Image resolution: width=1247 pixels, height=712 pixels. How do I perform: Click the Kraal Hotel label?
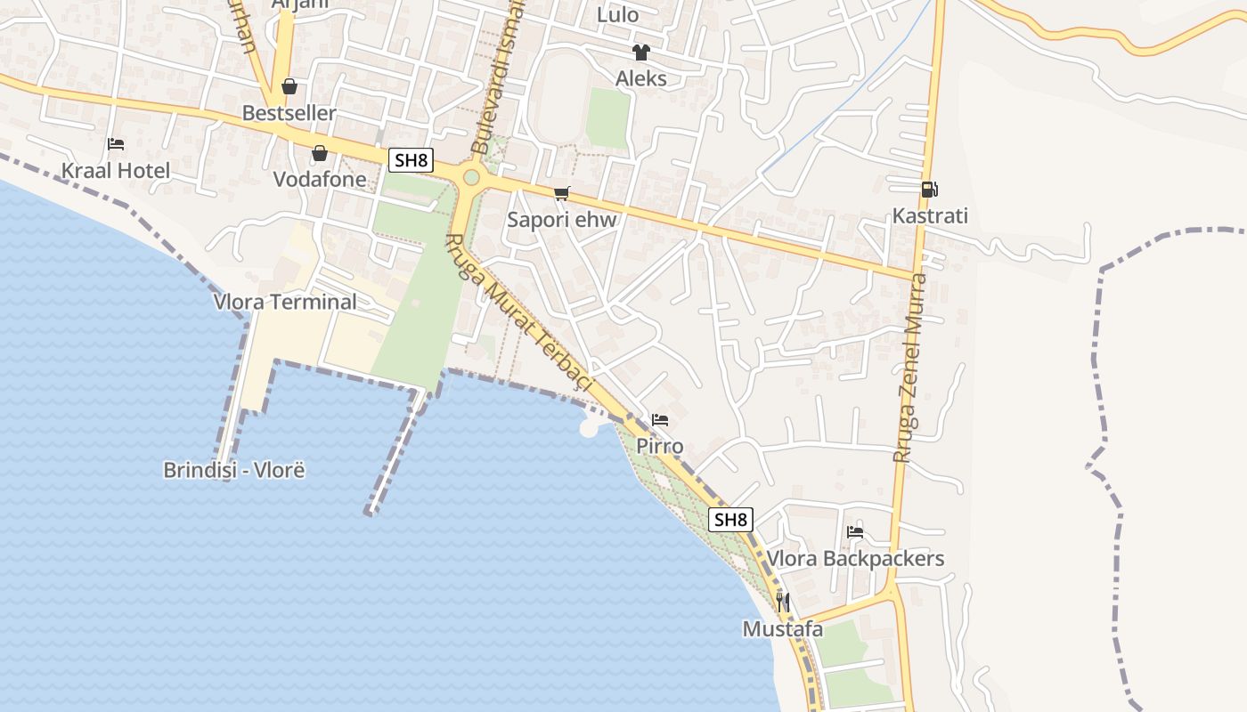point(115,170)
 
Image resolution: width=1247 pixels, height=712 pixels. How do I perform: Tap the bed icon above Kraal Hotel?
point(115,144)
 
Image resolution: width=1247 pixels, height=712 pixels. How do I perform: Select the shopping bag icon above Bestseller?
point(289,86)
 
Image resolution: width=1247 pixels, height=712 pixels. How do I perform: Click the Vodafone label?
point(320,179)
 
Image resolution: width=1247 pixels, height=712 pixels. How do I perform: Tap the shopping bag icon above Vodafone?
point(320,153)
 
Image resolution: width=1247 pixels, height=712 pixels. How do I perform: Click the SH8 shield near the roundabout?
point(411,161)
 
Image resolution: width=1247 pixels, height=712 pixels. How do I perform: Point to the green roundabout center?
point(471,178)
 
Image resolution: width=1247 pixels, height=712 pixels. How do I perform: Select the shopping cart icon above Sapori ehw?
point(561,193)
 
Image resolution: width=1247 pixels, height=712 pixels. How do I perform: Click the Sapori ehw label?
point(562,219)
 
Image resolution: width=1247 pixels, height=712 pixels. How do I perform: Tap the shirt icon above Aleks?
point(640,52)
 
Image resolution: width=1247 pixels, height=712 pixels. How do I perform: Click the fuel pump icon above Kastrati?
point(929,189)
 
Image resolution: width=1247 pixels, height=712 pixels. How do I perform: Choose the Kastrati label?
point(930,215)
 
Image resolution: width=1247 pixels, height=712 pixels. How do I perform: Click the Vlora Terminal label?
point(285,302)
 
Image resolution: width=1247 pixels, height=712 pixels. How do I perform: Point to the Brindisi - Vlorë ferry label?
point(234,470)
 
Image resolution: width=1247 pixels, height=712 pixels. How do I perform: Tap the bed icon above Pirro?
point(660,420)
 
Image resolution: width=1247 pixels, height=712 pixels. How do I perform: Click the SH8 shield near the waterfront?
point(730,520)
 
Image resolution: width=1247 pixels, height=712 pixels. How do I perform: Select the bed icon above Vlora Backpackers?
point(855,532)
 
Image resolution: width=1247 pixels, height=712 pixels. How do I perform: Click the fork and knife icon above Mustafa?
point(782,603)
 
